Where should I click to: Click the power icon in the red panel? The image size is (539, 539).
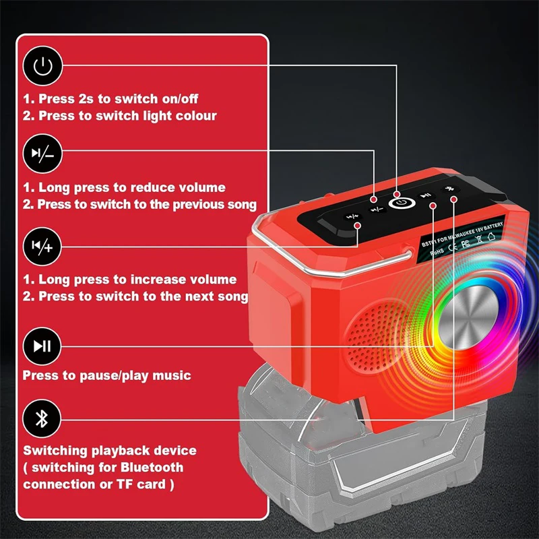[x=42, y=65]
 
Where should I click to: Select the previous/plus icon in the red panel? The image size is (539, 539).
[x=42, y=246]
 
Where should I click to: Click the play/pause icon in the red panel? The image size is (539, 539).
[x=42, y=346]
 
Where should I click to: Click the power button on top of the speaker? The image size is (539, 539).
[x=401, y=201]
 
